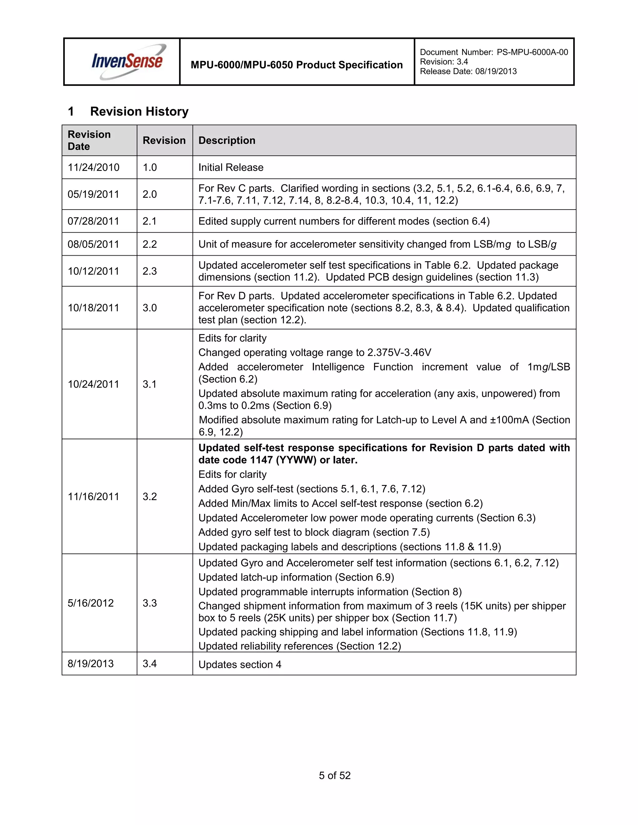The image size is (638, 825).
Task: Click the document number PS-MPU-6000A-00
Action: pos(532,52)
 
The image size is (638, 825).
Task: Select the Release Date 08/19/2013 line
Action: pos(468,71)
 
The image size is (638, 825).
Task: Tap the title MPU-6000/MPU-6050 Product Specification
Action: pos(296,65)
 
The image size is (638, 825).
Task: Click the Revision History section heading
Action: pos(139,111)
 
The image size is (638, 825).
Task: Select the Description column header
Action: pos(227,140)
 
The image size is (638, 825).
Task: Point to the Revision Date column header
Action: pos(89,140)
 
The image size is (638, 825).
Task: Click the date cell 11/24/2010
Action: pos(93,167)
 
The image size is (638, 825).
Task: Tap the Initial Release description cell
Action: pos(231,167)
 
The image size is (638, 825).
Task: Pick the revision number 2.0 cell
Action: pos(150,194)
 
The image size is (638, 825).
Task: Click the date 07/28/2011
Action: pos(93,221)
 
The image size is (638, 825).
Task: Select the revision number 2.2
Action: pos(150,244)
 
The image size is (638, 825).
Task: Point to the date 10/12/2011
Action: pos(93,271)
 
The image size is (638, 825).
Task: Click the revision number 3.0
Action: pos(150,308)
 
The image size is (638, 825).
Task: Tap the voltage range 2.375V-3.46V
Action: pos(399,352)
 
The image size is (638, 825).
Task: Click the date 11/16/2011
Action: pos(93,496)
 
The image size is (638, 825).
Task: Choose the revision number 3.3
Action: pos(150,603)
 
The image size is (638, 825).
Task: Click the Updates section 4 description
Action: pos(240,664)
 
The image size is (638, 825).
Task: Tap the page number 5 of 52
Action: pos(335,775)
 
